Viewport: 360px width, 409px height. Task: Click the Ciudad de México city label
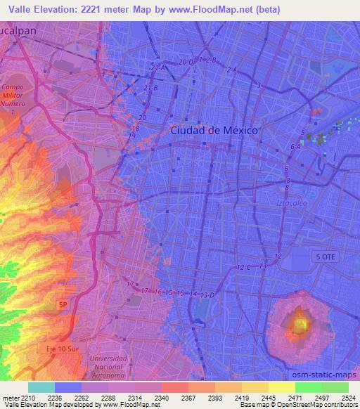tap(214, 130)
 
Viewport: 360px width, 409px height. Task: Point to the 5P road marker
tap(64, 304)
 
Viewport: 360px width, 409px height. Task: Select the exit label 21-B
tap(150, 87)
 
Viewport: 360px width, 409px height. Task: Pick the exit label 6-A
tap(295, 147)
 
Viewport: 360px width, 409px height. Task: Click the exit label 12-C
tap(244, 268)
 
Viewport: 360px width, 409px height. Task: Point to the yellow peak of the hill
tap(300, 325)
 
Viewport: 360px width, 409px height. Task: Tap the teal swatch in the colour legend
tap(41, 387)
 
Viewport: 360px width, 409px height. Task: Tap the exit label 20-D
tap(186, 63)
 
